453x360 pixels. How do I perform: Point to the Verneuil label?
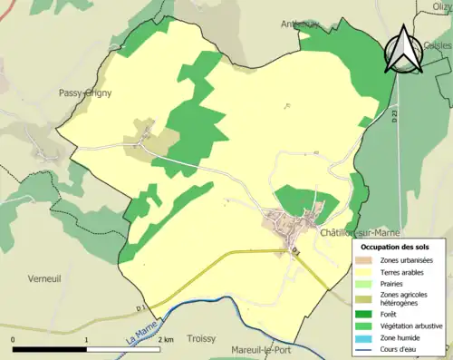(44, 277)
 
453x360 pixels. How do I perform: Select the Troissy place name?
(200, 338)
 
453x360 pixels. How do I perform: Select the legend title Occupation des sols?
(396, 246)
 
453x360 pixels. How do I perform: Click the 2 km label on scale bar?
(166, 339)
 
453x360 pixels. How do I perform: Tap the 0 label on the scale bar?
(14, 339)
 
